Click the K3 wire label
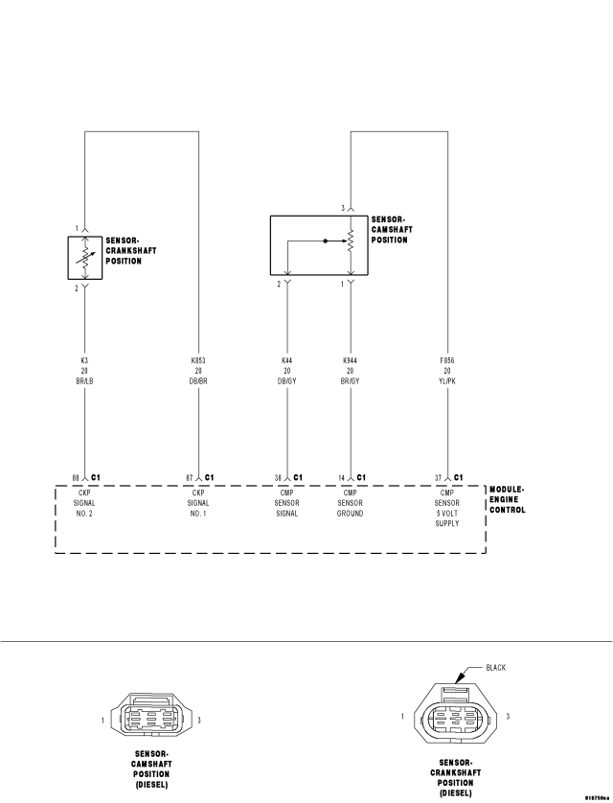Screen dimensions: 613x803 84,360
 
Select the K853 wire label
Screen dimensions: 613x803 198,360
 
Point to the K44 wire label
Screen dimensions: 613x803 287,360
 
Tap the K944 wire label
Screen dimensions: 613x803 351,360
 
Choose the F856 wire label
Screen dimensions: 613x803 447,360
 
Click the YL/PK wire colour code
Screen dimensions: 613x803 447,381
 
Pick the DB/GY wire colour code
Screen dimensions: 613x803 287,381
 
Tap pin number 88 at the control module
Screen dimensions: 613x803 76,478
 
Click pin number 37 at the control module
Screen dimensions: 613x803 438,478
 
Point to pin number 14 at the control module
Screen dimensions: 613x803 341,478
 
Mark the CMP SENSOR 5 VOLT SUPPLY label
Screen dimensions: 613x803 447,508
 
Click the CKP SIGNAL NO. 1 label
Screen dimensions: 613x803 198,503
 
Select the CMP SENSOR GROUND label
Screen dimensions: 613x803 350,503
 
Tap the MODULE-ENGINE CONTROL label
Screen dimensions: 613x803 507,499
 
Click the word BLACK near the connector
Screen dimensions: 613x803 495,667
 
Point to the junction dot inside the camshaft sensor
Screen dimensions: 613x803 325,241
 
